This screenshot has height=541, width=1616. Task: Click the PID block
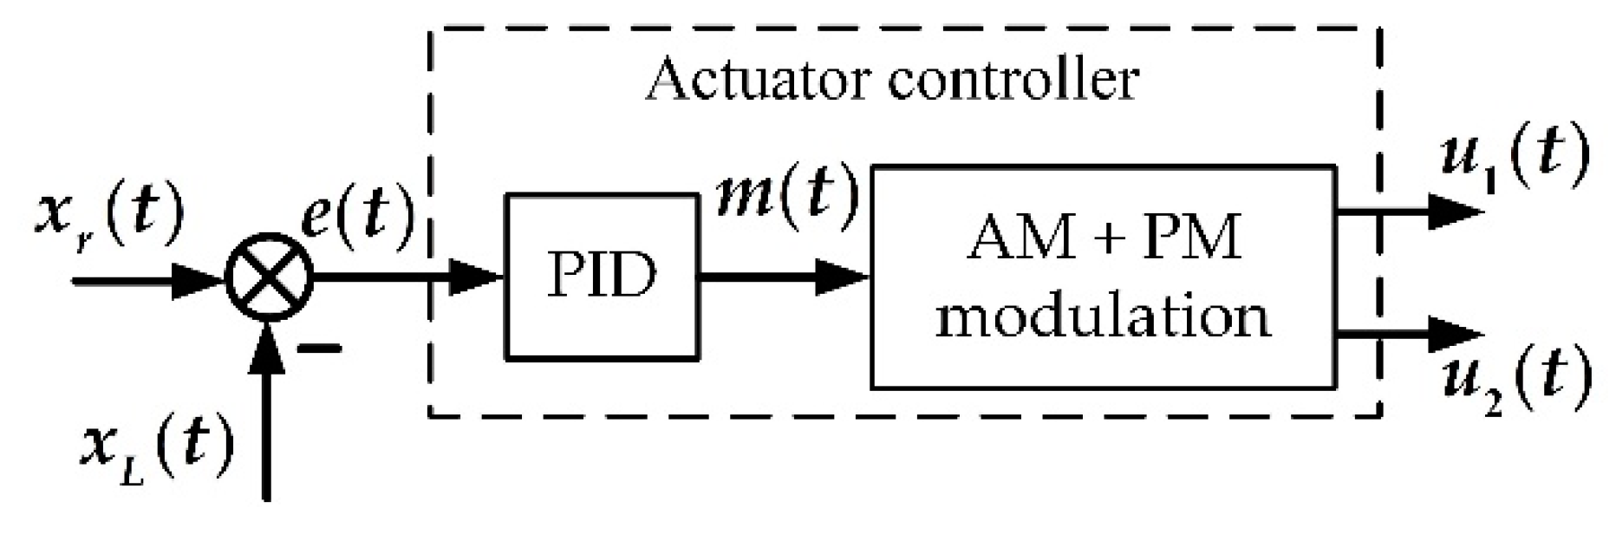pyautogui.click(x=602, y=277)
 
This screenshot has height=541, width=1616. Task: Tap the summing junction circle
pyautogui.click(x=270, y=278)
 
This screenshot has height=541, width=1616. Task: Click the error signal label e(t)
pyautogui.click(x=356, y=213)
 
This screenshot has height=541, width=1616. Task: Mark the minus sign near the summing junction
pyautogui.click(x=318, y=349)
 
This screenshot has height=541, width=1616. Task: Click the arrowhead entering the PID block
pyautogui.click(x=478, y=278)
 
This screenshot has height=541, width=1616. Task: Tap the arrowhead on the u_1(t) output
pyautogui.click(x=1453, y=211)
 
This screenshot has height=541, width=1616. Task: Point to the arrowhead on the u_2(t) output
pyautogui.click(x=1453, y=334)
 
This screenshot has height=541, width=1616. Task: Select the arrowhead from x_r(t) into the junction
pyautogui.click(x=196, y=280)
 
